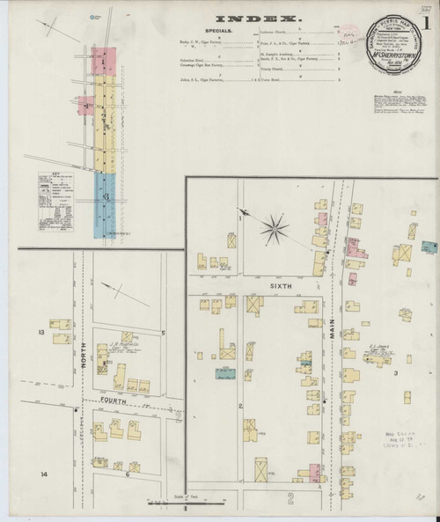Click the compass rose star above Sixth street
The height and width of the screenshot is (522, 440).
coord(275,231)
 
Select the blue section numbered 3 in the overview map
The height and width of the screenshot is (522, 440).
coord(104,201)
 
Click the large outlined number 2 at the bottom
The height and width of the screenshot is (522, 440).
coord(290,499)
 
